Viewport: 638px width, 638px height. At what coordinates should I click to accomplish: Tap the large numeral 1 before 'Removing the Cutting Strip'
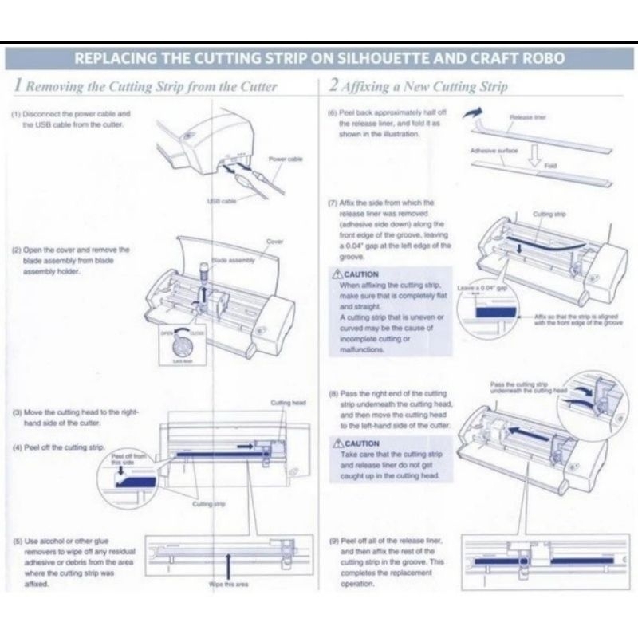point(18,85)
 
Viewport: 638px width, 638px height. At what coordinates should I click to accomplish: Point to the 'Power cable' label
point(285,159)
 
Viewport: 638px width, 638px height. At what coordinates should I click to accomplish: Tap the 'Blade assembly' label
point(230,260)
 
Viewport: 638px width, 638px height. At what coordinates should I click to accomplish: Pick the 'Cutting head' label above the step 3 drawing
point(288,404)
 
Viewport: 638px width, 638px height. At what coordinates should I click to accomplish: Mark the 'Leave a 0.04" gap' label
point(481,285)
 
